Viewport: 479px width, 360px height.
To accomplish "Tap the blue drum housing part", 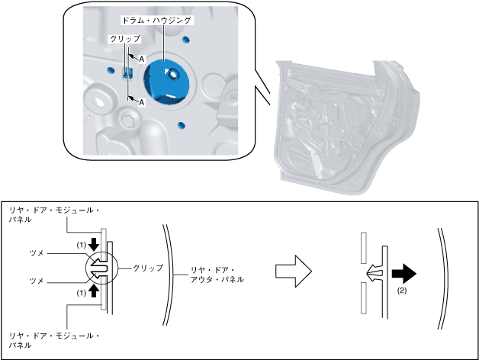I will coord(169,79).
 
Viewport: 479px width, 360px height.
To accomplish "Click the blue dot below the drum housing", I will coord(181,124).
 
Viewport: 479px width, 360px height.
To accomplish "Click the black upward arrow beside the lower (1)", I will coord(94,291).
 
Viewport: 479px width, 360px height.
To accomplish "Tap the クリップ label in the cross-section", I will coord(148,268).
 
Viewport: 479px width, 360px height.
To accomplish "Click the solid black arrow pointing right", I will coord(403,272).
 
